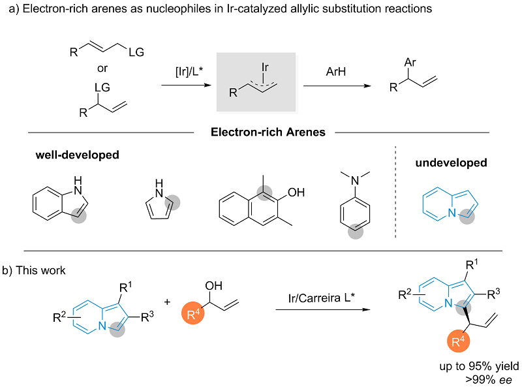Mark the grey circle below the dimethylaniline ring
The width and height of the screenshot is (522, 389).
pos(355,228)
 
